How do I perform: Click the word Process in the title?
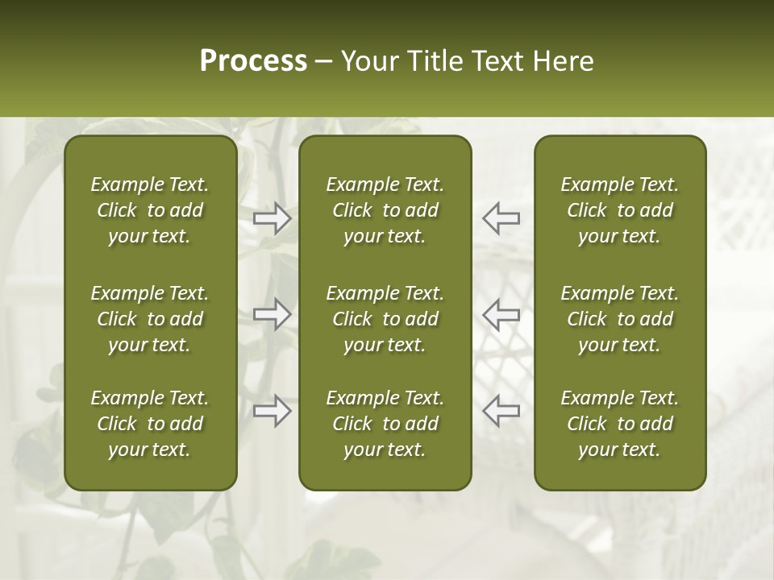coord(253,61)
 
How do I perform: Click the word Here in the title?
coord(564,61)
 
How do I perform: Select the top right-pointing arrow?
coord(273,218)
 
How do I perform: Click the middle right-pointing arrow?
coord(273,314)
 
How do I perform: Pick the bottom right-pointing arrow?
coord(273,410)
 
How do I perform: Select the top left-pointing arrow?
coord(501,218)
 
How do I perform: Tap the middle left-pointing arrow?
coord(501,314)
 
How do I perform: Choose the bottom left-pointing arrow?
coord(501,410)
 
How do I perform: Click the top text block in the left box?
coord(150,210)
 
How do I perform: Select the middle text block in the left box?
coord(150,319)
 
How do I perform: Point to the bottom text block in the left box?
coord(150,424)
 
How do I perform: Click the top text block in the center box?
coord(385,210)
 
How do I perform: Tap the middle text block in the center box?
coord(385,319)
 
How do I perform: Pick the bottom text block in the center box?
coord(385,424)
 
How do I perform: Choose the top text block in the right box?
coord(620,210)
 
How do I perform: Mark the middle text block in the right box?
coord(620,319)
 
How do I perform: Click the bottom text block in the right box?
coord(620,424)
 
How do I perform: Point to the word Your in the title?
coord(368,61)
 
